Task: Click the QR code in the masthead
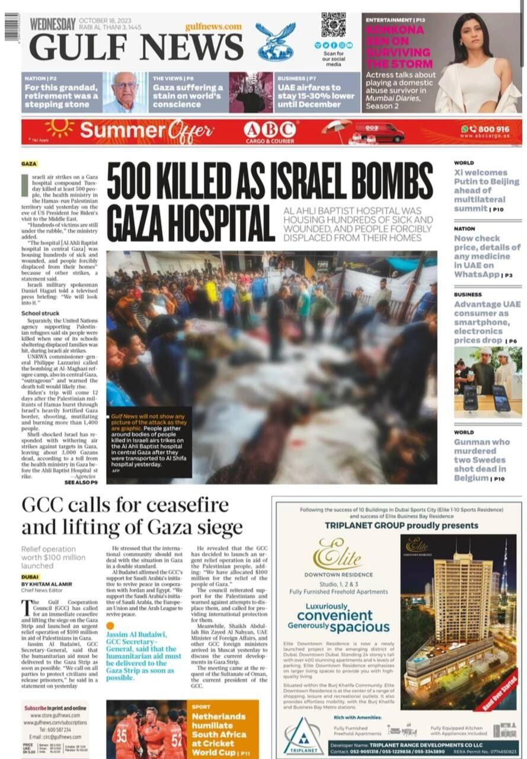[333, 25]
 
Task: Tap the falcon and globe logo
[275, 42]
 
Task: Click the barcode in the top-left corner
[12, 27]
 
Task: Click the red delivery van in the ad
[379, 132]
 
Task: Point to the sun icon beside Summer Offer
[59, 127]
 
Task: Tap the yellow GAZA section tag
[29, 164]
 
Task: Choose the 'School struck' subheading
[40, 313]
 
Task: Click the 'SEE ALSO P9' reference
[81, 483]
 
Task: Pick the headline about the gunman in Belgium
[482, 460]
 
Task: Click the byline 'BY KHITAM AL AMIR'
[46, 584]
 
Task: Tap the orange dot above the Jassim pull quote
[110, 626]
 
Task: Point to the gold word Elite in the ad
[338, 554]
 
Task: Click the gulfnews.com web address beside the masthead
[213, 27]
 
